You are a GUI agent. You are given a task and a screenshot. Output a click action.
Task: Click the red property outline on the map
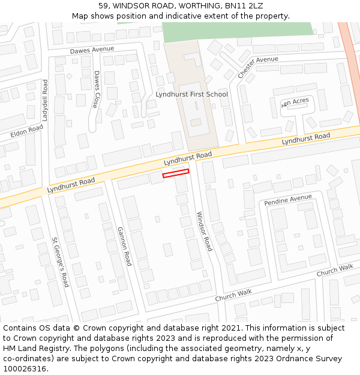[x=176, y=173]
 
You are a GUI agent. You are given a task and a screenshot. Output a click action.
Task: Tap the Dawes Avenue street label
[x=91, y=51]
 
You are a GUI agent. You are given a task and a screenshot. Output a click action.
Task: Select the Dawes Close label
[x=97, y=89]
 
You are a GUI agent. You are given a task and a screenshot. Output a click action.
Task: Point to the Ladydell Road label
[x=45, y=100]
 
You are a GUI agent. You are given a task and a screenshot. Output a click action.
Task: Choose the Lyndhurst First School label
[x=191, y=94]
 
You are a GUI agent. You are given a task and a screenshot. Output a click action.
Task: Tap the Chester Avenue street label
[x=258, y=67]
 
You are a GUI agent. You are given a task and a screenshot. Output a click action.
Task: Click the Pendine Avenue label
[x=288, y=199]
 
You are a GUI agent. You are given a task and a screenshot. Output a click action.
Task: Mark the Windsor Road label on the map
[x=204, y=231]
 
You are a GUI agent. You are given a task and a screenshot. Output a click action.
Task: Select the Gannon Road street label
[x=124, y=247]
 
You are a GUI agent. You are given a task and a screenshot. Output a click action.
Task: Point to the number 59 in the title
[x=104, y=6]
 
